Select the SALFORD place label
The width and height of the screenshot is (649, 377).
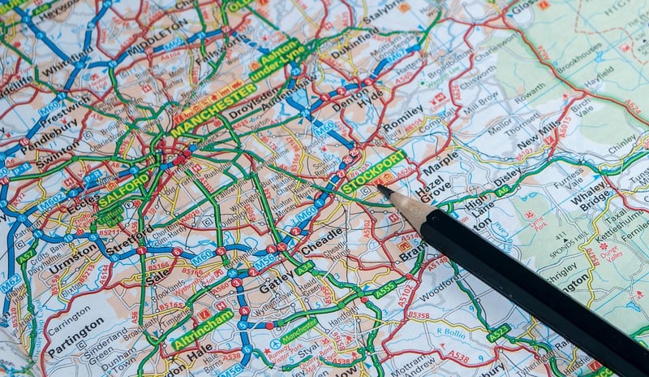tap(124, 188)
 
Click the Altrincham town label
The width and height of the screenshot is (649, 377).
tap(202, 330)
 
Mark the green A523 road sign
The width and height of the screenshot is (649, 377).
tap(498, 331)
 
